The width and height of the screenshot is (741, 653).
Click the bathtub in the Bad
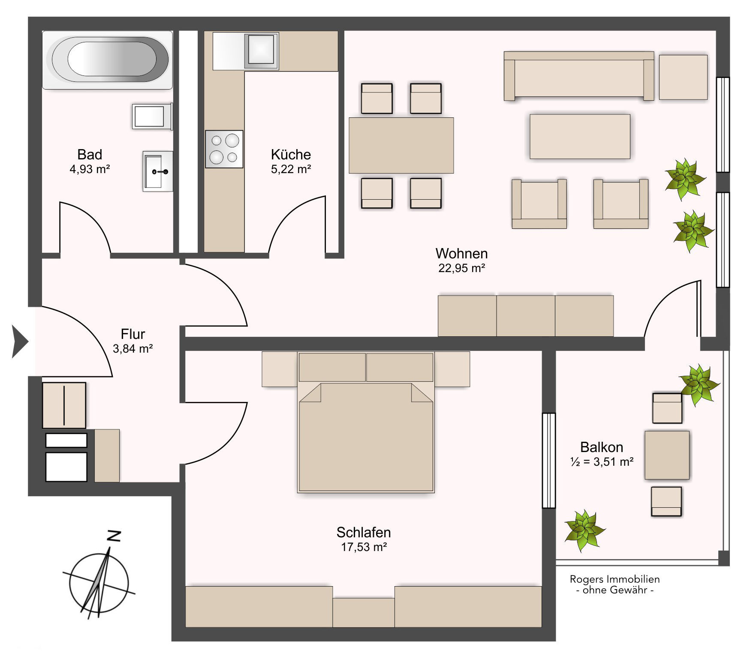(107, 60)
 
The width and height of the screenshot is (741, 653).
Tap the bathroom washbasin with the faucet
(158, 171)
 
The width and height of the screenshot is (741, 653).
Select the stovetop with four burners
(224, 149)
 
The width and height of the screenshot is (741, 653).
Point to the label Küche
(291, 154)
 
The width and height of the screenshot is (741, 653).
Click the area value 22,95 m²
(461, 268)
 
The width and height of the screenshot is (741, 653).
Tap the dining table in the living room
(401, 145)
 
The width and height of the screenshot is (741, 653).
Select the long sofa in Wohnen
(579, 76)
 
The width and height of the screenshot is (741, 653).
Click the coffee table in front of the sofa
(580, 136)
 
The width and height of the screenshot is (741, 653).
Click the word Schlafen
(364, 533)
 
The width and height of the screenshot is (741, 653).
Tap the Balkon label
(602, 447)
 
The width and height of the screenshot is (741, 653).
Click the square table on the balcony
(667, 455)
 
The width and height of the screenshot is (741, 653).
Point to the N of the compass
(114, 536)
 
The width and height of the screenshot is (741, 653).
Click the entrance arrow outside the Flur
(20, 341)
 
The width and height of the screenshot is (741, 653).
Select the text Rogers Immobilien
(615, 579)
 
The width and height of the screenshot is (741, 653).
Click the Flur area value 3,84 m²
(133, 349)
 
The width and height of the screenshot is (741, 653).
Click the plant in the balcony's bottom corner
(584, 531)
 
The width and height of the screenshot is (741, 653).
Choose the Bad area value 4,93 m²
(90, 169)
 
